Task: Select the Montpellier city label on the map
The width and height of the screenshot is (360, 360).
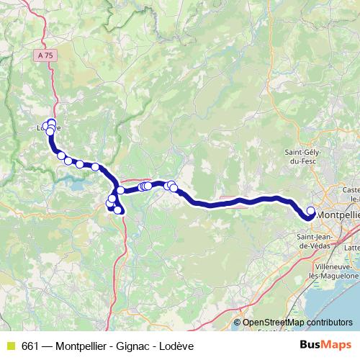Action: (x=338, y=215)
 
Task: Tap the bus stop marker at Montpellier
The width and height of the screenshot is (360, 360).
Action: (x=311, y=211)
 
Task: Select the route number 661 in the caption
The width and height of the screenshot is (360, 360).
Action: (x=30, y=346)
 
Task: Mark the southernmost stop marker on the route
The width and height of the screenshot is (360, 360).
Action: (x=118, y=210)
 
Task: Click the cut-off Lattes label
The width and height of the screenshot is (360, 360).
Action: (x=352, y=247)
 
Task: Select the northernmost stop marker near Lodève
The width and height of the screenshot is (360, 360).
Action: (x=51, y=122)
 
